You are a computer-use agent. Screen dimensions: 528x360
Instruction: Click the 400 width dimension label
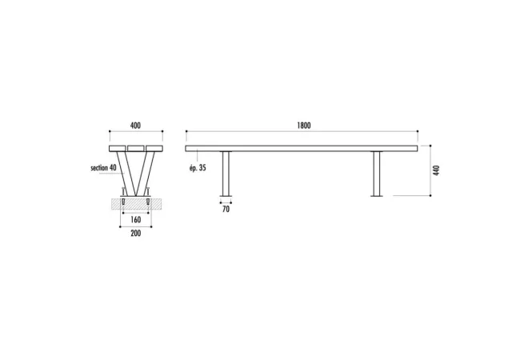click(135, 126)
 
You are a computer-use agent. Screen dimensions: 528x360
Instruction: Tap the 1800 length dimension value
click(304, 126)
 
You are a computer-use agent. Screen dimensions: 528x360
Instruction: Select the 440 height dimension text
click(437, 170)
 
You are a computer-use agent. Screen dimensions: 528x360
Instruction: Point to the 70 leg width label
click(226, 209)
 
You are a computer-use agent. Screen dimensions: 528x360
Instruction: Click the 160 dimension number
click(136, 220)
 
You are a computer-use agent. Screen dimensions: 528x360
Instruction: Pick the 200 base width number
click(136, 234)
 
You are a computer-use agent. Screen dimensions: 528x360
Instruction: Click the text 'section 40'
click(103, 168)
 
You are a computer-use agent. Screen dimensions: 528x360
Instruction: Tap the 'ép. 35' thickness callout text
click(198, 168)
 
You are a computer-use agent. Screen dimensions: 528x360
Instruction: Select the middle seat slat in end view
click(136, 149)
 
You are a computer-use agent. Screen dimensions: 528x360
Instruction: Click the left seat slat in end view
click(118, 149)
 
